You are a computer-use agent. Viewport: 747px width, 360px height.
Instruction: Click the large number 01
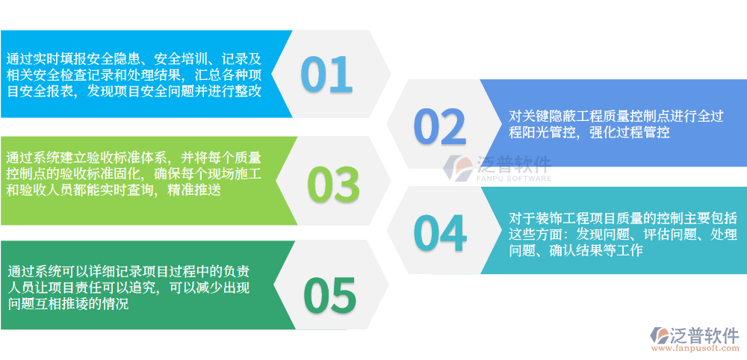pos(326,74)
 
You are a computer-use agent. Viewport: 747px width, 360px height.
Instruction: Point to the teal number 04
pos(440,233)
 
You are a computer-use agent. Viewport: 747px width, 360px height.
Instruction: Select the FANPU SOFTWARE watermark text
pos(513,179)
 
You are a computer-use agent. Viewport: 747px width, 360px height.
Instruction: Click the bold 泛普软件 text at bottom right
pos(705,333)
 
